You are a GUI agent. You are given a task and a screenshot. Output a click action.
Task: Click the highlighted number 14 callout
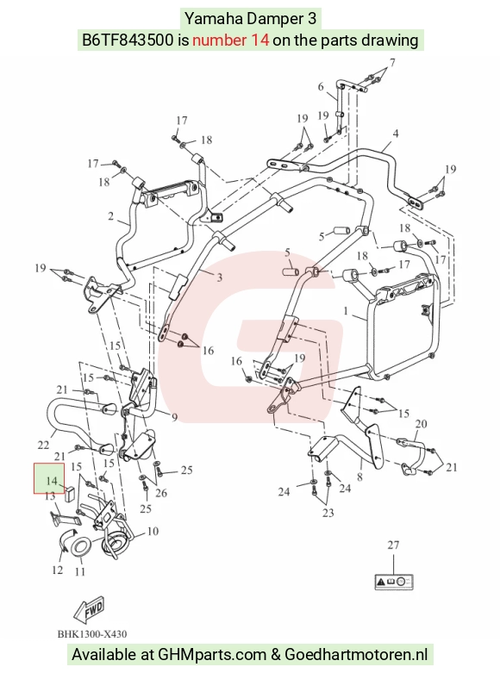49,478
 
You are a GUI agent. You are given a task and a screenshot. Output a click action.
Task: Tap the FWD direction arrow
90,609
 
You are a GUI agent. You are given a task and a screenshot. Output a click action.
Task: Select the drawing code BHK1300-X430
92,634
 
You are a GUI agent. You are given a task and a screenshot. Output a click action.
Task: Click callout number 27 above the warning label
393,545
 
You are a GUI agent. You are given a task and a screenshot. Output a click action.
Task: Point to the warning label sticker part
394,582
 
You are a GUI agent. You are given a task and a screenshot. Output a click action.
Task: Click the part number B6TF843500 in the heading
128,41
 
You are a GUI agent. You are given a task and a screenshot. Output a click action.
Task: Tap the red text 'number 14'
231,41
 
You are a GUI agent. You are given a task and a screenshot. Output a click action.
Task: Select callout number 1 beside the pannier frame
346,310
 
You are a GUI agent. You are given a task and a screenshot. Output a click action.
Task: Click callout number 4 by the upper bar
395,134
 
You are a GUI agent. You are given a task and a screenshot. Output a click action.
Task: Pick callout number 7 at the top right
392,63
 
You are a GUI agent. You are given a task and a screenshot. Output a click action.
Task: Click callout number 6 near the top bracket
321,87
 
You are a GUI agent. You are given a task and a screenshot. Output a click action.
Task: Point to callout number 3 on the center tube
220,277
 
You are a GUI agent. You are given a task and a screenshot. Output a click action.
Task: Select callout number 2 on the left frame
111,215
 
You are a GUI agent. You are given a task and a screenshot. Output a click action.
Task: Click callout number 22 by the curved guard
43,445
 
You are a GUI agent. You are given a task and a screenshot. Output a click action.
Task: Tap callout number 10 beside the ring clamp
153,532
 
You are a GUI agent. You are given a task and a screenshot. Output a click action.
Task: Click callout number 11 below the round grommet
80,571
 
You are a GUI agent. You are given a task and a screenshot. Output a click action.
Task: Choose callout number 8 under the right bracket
360,476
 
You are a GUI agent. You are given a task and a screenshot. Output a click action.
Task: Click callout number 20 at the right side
421,424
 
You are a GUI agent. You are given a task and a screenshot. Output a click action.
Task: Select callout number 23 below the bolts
328,513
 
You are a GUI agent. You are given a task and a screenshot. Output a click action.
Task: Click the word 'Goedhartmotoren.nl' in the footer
356,655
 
